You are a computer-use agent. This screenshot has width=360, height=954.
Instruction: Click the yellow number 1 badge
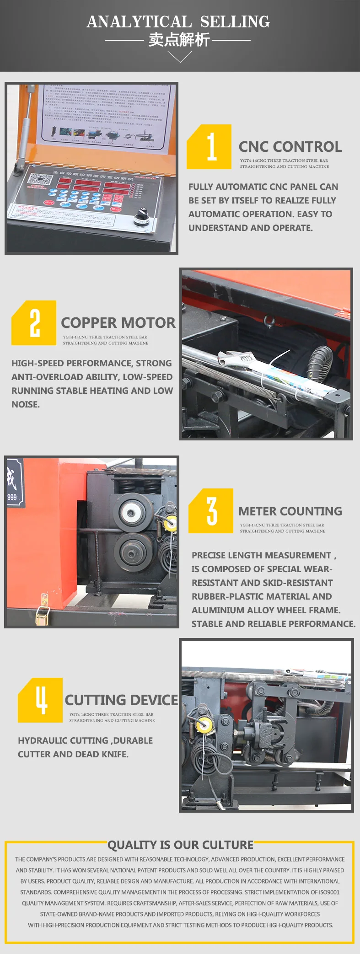(x=209, y=147)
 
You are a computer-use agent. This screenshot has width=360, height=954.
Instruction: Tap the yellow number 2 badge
(x=34, y=323)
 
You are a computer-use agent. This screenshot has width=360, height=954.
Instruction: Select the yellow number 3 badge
(x=211, y=511)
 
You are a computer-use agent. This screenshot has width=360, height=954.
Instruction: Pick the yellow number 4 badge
(x=40, y=700)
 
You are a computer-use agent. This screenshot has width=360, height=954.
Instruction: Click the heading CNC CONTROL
(x=290, y=147)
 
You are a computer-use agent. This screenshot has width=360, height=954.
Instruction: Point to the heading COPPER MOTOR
(x=118, y=323)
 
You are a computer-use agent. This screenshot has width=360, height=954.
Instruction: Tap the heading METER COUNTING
(x=290, y=511)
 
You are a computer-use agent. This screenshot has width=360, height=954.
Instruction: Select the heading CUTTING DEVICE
(x=121, y=700)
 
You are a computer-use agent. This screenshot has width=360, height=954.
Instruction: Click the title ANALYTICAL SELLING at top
(x=178, y=21)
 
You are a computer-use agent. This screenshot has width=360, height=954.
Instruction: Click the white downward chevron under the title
(x=179, y=57)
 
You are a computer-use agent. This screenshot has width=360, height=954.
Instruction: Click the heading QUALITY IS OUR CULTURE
(x=180, y=845)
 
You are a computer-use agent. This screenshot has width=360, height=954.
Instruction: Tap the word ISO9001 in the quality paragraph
(x=329, y=892)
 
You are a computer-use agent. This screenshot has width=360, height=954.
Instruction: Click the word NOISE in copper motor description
(x=26, y=404)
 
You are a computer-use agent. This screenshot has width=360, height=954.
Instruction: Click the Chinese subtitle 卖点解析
(x=179, y=40)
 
